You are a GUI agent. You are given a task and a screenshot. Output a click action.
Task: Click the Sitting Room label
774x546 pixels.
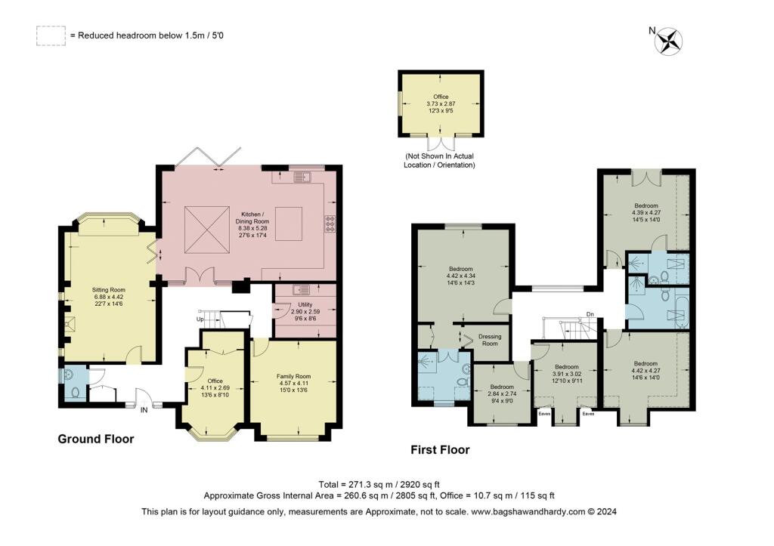click(x=109, y=289)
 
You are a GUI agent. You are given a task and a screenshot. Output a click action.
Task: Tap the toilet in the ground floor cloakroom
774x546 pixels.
click(x=70, y=392)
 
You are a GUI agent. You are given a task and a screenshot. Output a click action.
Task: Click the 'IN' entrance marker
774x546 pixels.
click(x=144, y=409)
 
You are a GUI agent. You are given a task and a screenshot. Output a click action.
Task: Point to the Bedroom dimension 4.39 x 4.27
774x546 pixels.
click(x=646, y=211)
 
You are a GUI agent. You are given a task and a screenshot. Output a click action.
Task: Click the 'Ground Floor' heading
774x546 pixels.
click(x=96, y=439)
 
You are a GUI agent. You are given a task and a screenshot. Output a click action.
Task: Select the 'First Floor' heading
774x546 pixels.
click(x=440, y=450)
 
